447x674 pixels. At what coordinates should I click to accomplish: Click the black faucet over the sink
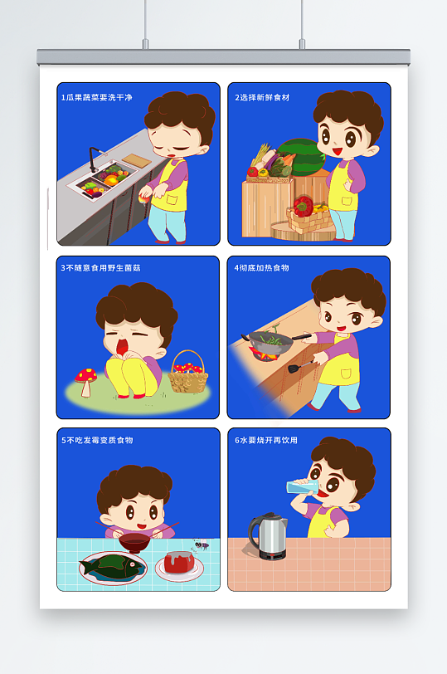(93, 158)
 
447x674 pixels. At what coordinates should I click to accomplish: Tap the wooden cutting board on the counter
(137, 160)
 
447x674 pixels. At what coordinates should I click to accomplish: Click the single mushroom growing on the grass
(86, 381)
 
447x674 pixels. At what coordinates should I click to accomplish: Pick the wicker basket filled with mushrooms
(187, 373)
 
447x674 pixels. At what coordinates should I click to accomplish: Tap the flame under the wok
(262, 354)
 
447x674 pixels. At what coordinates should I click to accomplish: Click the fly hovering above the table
(201, 545)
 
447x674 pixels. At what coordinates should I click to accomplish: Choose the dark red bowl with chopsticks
(134, 541)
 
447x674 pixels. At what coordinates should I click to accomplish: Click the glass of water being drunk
(303, 487)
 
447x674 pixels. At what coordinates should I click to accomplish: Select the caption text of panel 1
(96, 98)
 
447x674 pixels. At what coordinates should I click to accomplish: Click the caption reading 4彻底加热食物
(261, 268)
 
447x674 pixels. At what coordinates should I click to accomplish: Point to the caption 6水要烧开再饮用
(266, 440)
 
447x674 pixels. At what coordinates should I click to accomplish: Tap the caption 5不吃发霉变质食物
(97, 440)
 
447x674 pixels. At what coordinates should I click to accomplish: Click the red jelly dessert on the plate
(179, 562)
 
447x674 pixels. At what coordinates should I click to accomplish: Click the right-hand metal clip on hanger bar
(302, 43)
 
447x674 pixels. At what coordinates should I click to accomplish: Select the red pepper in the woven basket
(304, 206)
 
